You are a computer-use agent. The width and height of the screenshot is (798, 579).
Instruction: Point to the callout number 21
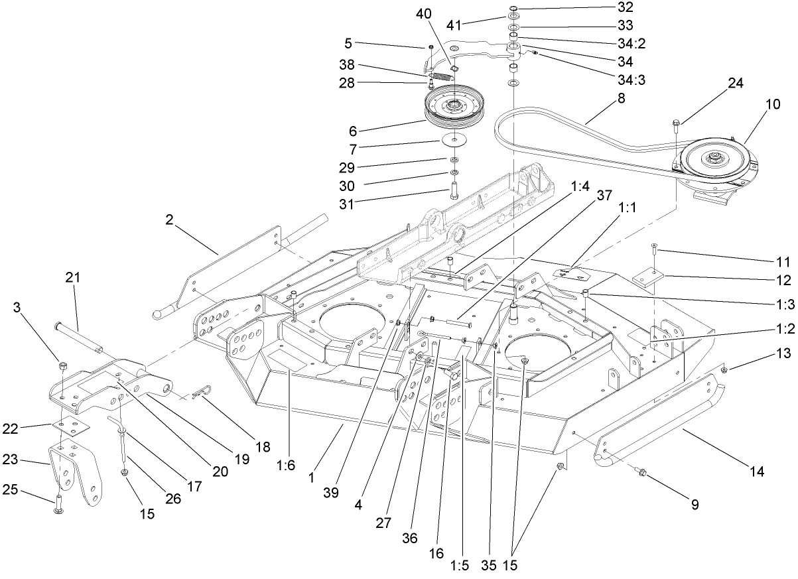tap(72, 278)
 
